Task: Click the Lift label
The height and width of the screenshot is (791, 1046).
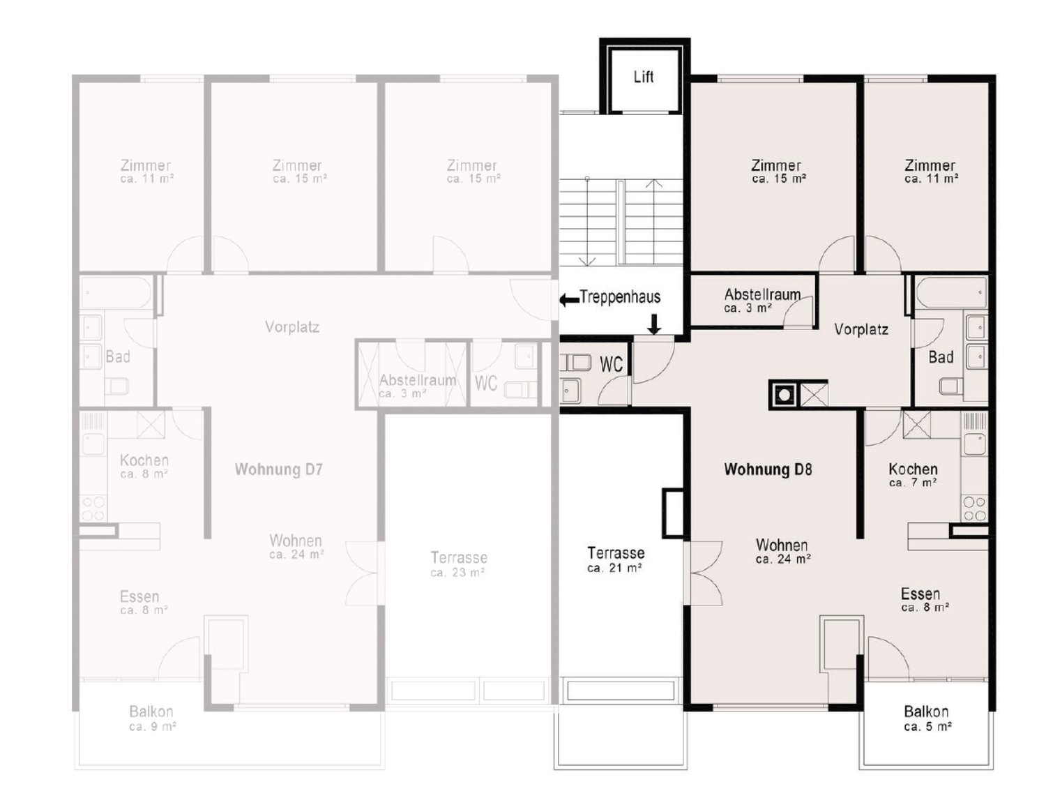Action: pyautogui.click(x=643, y=77)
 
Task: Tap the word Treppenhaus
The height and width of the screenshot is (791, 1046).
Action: pyautogui.click(x=620, y=297)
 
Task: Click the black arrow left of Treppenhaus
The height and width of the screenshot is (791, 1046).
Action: pyautogui.click(x=568, y=300)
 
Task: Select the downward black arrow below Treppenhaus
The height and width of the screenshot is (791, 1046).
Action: pyautogui.click(x=654, y=324)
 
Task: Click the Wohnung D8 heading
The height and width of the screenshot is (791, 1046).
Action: pyautogui.click(x=767, y=469)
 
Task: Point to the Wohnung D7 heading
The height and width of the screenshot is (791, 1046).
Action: pyautogui.click(x=278, y=469)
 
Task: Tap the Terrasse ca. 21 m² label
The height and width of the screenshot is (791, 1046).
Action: pyautogui.click(x=615, y=559)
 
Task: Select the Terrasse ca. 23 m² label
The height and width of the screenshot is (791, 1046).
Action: pyautogui.click(x=458, y=564)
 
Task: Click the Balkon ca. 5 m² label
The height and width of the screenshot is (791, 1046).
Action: pyautogui.click(x=927, y=718)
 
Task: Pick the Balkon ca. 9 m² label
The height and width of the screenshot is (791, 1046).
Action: pyautogui.click(x=152, y=718)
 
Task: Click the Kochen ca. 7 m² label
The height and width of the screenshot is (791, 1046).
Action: pyautogui.click(x=913, y=475)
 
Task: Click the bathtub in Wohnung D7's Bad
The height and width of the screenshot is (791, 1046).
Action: pyautogui.click(x=116, y=292)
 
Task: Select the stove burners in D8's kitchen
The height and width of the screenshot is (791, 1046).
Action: pyautogui.click(x=974, y=508)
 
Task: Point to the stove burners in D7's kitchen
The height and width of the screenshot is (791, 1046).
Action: pyautogui.click(x=93, y=508)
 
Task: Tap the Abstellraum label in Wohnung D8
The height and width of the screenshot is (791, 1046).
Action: pyautogui.click(x=761, y=300)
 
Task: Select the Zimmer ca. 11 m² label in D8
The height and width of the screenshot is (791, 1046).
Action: pyautogui.click(x=931, y=172)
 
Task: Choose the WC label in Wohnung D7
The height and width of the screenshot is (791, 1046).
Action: pyautogui.click(x=485, y=383)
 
